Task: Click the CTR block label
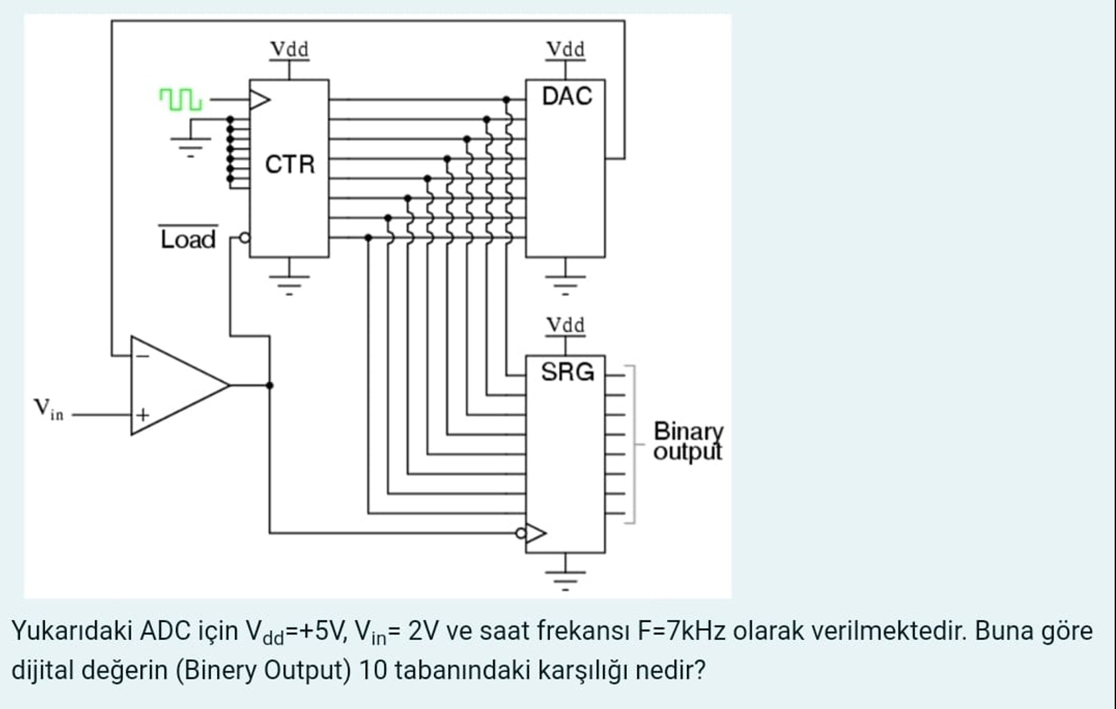(x=289, y=164)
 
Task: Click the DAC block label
(x=566, y=96)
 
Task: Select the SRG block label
(x=567, y=372)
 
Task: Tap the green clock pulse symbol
(x=180, y=100)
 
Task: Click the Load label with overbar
(x=188, y=239)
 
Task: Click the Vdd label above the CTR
(x=289, y=49)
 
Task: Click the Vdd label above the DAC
(x=565, y=49)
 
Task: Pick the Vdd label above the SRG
(x=565, y=325)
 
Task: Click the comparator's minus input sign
(x=143, y=356)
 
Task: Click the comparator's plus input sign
(x=143, y=415)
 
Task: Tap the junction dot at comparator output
(x=269, y=385)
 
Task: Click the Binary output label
(x=687, y=441)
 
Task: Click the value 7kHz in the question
(x=695, y=631)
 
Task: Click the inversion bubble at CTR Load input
(x=245, y=237)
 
